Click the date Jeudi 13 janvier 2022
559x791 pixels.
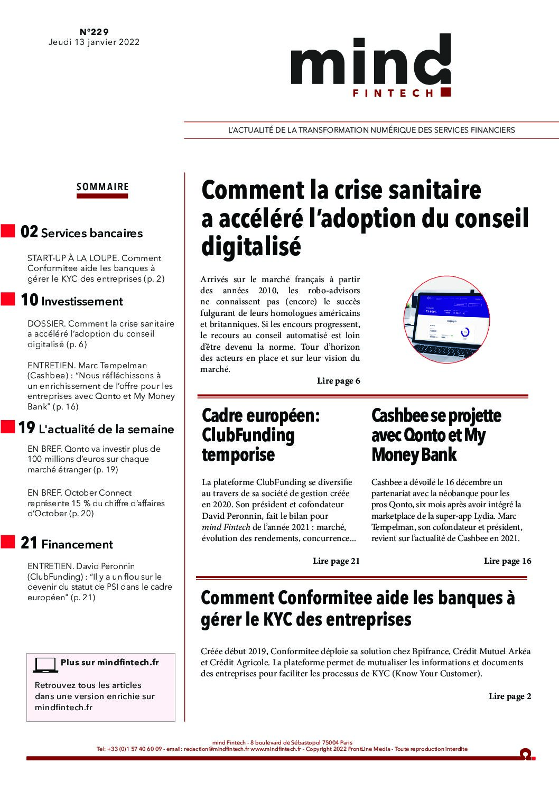pyautogui.click(x=94, y=42)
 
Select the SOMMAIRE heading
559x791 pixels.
pyautogui.click(x=103, y=187)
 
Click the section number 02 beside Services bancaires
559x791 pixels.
pyautogui.click(x=29, y=232)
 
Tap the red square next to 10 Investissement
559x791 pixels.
pyautogui.click(x=7, y=300)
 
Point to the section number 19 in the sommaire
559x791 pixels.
pyautogui.click(x=26, y=428)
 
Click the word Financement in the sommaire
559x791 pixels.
pyautogui.click(x=77, y=544)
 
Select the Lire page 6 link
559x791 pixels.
pyautogui.click(x=338, y=381)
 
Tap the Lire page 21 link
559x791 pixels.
pyautogui.click(x=336, y=561)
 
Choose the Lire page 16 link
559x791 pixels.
pyautogui.click(x=507, y=561)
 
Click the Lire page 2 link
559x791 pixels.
pyautogui.click(x=510, y=696)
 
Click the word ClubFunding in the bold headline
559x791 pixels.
pyautogui.click(x=248, y=435)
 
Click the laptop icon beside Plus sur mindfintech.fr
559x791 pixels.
pyautogui.click(x=45, y=665)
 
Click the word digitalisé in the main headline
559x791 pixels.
pyautogui.click(x=251, y=246)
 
